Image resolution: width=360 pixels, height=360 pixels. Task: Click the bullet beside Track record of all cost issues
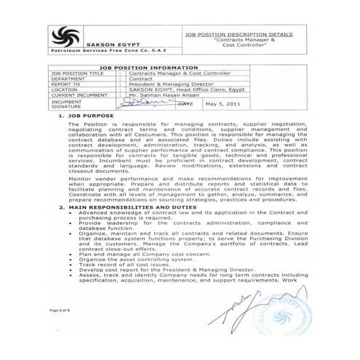pos(75,265)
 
